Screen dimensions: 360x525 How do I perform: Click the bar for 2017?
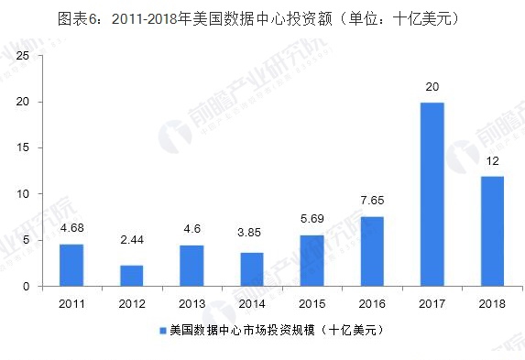click(x=432, y=194)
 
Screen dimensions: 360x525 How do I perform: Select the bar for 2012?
click(x=133, y=276)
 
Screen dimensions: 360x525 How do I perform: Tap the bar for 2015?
click(x=312, y=261)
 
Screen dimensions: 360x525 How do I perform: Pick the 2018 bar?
click(x=492, y=231)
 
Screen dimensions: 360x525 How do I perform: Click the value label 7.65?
click(x=372, y=201)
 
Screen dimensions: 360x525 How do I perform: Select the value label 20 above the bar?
click(x=432, y=87)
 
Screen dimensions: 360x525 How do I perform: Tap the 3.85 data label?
click(x=252, y=236)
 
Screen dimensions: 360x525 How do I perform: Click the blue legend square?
click(x=163, y=330)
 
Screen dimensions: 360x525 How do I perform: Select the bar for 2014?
click(x=252, y=269)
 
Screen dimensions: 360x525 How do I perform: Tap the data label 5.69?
click(x=312, y=219)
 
